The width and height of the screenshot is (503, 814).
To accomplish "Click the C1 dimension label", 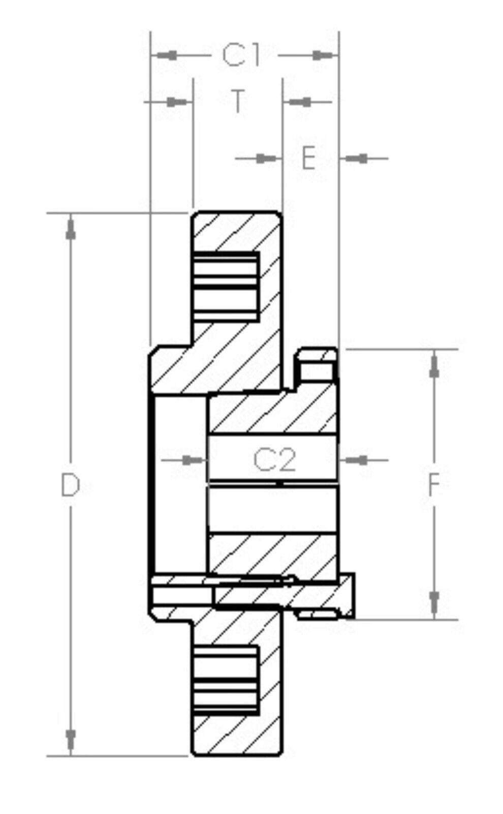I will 241,55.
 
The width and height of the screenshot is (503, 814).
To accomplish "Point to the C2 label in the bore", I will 274,460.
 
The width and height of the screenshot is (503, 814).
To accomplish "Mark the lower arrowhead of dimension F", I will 434,603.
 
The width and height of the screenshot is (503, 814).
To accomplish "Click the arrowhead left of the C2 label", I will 194,460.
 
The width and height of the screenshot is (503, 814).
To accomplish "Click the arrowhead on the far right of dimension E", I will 356,158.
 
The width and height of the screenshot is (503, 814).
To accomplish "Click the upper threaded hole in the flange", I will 225,286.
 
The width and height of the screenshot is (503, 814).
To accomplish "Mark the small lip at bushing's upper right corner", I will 318,364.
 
